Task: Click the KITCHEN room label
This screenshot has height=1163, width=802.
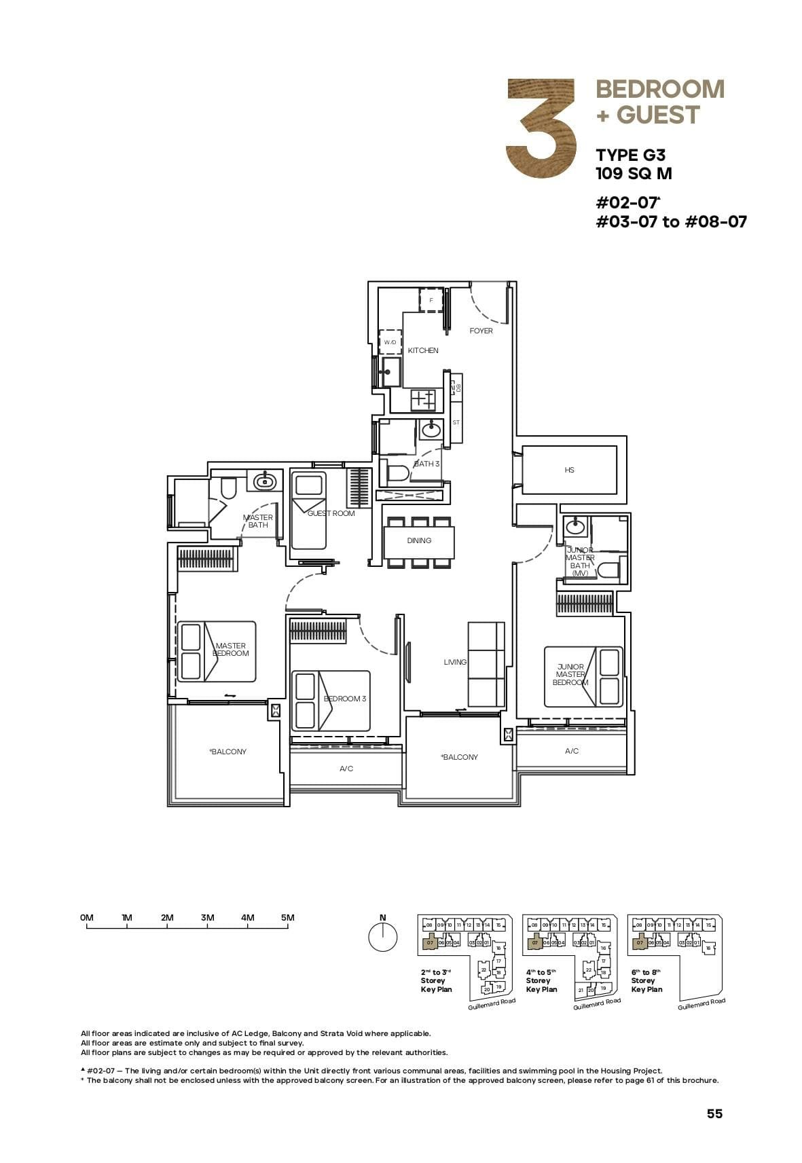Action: [423, 350]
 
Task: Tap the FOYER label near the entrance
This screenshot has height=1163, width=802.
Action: [481, 331]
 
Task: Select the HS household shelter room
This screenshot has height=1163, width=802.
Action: [569, 470]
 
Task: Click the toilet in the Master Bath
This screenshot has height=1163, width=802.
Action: [228, 487]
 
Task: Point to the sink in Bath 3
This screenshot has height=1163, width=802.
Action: [431, 429]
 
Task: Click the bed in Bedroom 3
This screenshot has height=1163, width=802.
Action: [331, 701]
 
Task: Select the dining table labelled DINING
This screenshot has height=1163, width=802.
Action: [419, 541]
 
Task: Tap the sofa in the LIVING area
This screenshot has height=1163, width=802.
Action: [486, 665]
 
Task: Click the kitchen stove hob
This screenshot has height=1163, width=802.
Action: [423, 399]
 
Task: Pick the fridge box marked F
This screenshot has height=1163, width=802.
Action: [431, 299]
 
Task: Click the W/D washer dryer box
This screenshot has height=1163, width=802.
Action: [390, 342]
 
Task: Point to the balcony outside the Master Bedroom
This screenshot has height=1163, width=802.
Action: [227, 752]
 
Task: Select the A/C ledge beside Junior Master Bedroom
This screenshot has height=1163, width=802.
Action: [572, 751]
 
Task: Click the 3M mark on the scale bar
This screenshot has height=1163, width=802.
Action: [208, 918]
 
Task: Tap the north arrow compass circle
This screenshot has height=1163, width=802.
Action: [383, 938]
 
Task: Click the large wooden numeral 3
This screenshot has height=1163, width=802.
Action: [541, 129]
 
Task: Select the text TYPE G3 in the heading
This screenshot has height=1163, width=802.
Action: [630, 155]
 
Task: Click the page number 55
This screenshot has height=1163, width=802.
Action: [714, 1113]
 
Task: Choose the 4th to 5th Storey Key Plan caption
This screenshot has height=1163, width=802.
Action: [541, 980]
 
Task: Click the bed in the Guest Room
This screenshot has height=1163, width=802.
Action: [308, 511]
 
